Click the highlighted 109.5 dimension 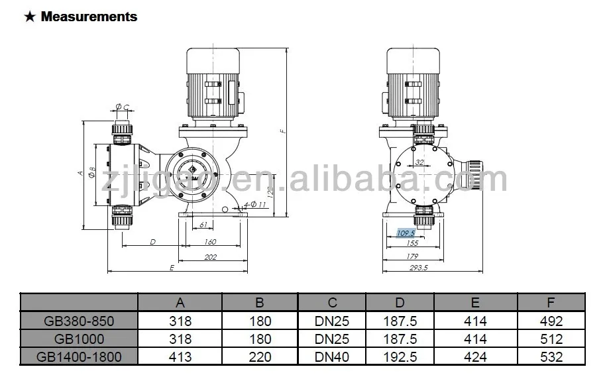(406, 233)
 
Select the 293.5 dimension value (419, 268)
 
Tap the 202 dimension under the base (210, 257)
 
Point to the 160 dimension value (210, 242)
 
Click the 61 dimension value (203, 225)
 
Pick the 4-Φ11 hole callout (254, 204)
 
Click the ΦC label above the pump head (122, 107)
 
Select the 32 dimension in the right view (419, 162)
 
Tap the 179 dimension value (412, 256)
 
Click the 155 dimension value (412, 243)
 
